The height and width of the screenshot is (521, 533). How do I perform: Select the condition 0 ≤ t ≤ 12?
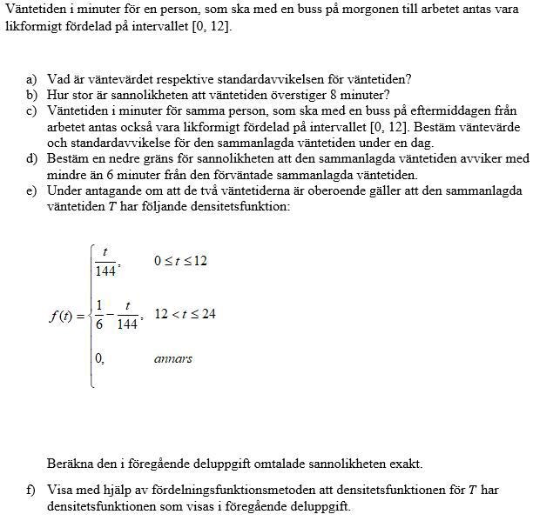click(180, 261)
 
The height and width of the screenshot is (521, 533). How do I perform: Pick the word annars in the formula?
click(173, 358)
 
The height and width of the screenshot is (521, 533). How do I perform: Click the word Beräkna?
click(71, 464)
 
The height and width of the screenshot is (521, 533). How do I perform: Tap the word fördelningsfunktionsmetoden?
click(212, 489)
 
